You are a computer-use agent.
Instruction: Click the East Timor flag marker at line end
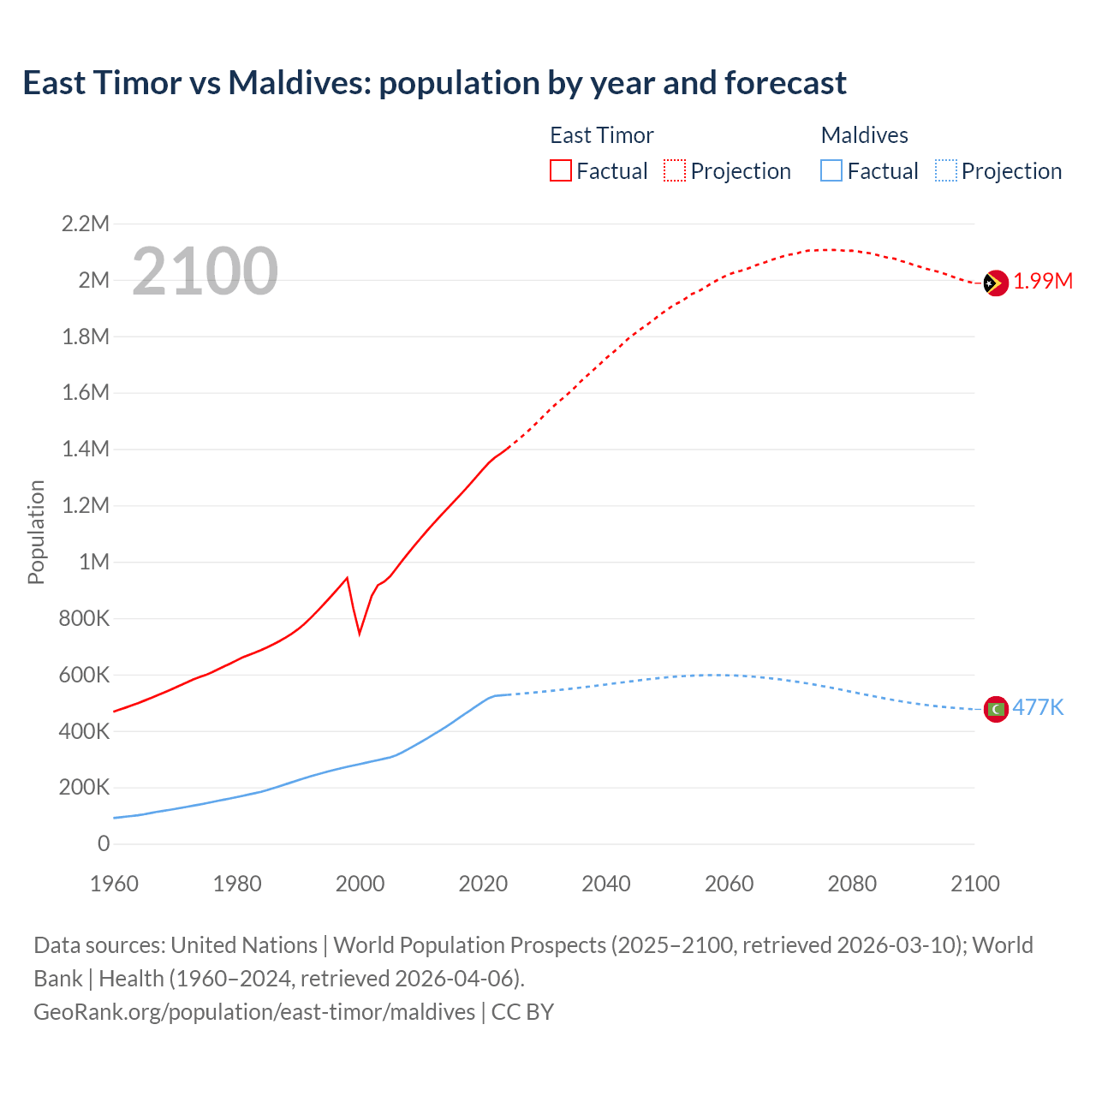995,283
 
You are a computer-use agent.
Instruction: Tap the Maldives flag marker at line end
996,709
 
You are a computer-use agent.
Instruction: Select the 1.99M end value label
1043,282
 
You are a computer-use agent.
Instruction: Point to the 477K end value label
1038,707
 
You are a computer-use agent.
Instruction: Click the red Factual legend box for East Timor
560,170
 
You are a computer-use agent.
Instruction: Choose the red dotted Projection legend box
675,170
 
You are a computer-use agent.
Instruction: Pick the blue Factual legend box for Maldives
831,170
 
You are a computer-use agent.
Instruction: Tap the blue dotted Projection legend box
946,170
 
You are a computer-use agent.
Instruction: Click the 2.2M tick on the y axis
86,224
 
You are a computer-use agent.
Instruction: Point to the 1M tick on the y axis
94,562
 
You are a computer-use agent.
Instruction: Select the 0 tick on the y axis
104,843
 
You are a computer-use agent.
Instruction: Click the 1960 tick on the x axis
114,884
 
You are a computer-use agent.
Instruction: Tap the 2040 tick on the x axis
606,884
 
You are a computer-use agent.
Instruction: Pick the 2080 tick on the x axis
852,884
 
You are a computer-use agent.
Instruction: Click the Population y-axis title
36,533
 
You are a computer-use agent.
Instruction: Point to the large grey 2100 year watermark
205,271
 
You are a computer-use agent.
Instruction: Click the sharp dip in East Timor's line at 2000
360,632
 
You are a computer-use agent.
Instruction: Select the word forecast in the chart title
785,83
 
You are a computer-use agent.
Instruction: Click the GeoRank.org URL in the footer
254,1012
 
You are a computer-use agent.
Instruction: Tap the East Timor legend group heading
601,135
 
